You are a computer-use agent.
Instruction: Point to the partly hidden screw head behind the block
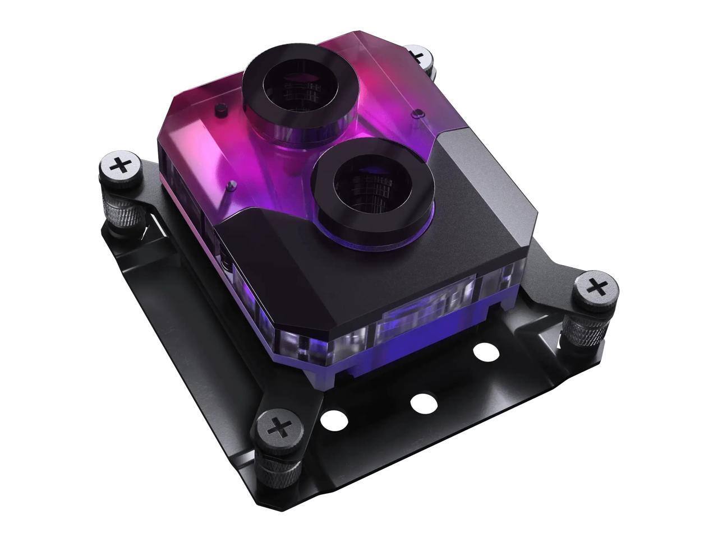419,55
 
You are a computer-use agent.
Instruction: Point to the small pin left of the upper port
221,106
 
